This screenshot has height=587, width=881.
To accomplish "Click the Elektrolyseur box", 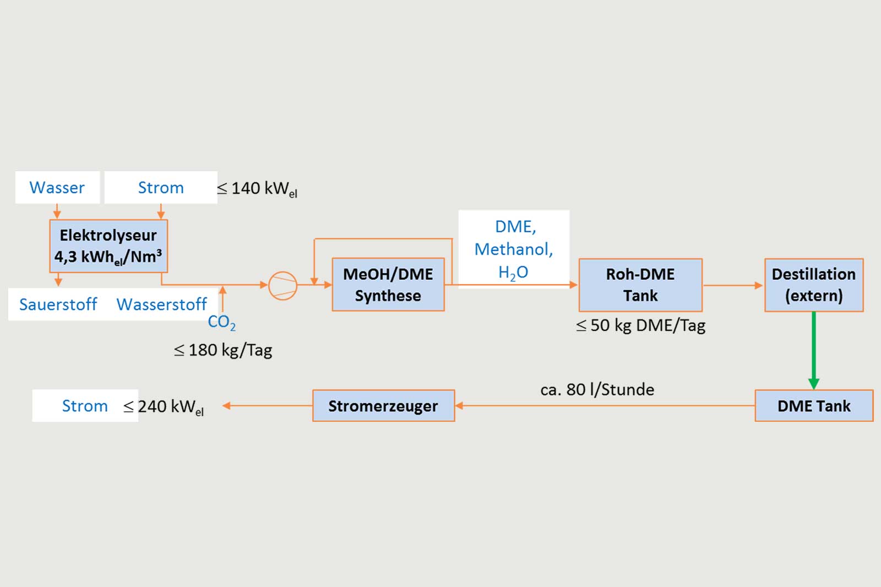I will tap(108, 246).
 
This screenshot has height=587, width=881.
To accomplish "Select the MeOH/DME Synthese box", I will tap(388, 285).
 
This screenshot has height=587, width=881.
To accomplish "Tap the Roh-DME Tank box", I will tap(640, 285).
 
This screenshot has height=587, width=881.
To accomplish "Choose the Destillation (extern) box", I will tap(814, 285).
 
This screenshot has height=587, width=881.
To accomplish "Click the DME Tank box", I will tap(814, 406).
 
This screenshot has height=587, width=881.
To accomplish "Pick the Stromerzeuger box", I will tap(383, 406).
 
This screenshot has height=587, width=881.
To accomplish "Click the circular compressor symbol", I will tap(283, 285).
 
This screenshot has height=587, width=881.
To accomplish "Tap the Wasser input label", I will tap(57, 188).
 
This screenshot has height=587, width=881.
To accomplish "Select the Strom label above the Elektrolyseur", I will tap(161, 188).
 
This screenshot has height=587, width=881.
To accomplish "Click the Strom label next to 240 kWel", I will tap(85, 406).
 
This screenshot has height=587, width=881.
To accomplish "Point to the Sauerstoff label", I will tap(58, 305).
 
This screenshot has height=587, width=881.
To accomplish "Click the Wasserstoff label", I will tap(161, 305).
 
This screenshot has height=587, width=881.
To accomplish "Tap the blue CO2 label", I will tap(221, 322).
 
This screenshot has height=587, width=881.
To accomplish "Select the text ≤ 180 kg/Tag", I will tap(223, 350).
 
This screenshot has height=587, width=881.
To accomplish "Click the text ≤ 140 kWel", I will tap(257, 189).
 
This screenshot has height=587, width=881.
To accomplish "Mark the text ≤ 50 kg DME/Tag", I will tap(640, 325).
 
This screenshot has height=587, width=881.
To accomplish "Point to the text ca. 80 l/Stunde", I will tap(597, 390).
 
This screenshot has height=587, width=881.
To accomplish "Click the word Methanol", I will tap(514, 249).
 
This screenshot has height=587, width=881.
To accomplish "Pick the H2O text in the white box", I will tap(513, 272).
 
